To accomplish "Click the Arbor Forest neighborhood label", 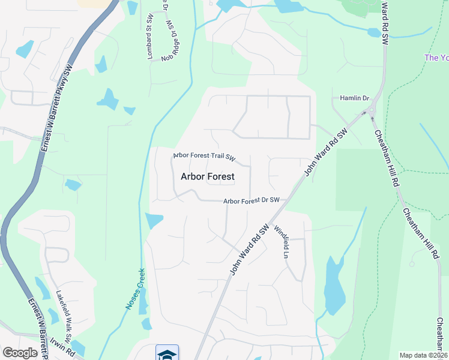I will [x=207, y=177].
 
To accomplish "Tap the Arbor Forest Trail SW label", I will [x=203, y=156].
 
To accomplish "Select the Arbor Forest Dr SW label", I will [x=252, y=201].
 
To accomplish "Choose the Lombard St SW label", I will [x=149, y=36].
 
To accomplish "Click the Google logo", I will [x=20, y=353].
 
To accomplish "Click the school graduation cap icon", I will [x=167, y=353].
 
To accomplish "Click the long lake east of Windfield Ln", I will [x=333, y=285].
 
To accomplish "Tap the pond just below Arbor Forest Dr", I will [x=153, y=221].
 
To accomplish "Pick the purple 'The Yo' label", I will [x=436, y=58].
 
